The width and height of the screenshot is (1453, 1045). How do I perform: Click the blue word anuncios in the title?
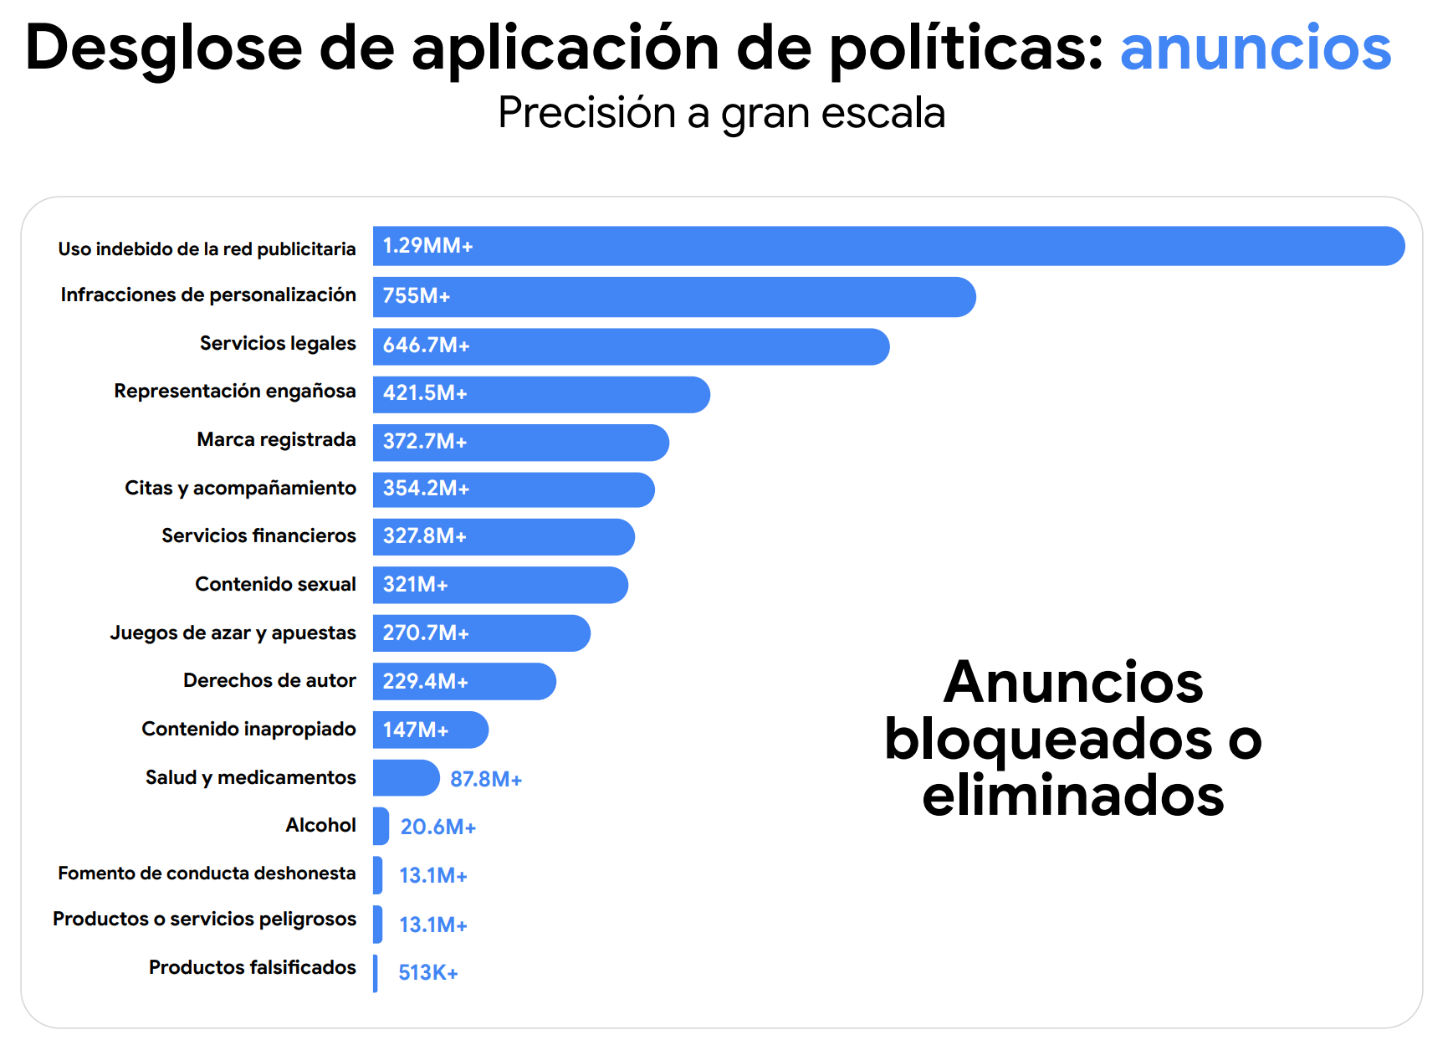1255,48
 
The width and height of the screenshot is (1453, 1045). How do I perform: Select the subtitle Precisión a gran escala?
721,113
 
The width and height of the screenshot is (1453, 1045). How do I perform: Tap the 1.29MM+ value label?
427,246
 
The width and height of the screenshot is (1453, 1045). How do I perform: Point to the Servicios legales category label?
278,343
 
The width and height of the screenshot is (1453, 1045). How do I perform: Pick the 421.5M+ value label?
425,393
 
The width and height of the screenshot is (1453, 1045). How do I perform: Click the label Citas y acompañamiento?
240,488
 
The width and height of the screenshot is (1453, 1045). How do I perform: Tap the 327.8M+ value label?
425,536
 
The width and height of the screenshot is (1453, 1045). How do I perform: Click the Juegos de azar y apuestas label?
233,633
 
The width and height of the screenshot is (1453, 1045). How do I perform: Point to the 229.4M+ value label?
425,682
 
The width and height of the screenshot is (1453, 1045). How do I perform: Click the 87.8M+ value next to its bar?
486,780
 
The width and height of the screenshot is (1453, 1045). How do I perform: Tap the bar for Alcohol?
381,826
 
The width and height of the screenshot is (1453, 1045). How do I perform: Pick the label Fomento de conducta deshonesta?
207,873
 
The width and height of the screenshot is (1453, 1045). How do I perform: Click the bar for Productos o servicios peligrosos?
378,924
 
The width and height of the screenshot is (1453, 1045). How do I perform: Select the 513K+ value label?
428,973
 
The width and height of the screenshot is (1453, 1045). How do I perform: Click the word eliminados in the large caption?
1072,796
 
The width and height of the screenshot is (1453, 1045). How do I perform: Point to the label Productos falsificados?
252,967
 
